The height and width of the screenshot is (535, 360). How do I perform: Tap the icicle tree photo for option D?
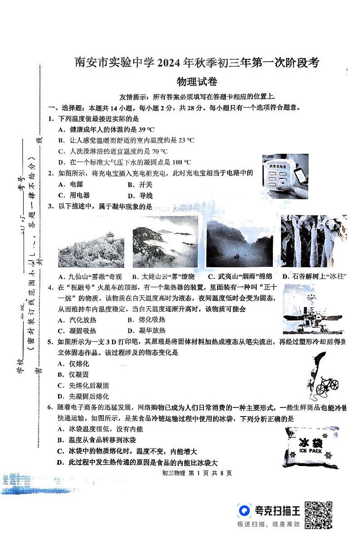click(313, 241)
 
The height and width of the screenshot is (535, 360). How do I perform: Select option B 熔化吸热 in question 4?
click(146, 319)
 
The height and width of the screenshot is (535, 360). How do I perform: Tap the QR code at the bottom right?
click(319, 515)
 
